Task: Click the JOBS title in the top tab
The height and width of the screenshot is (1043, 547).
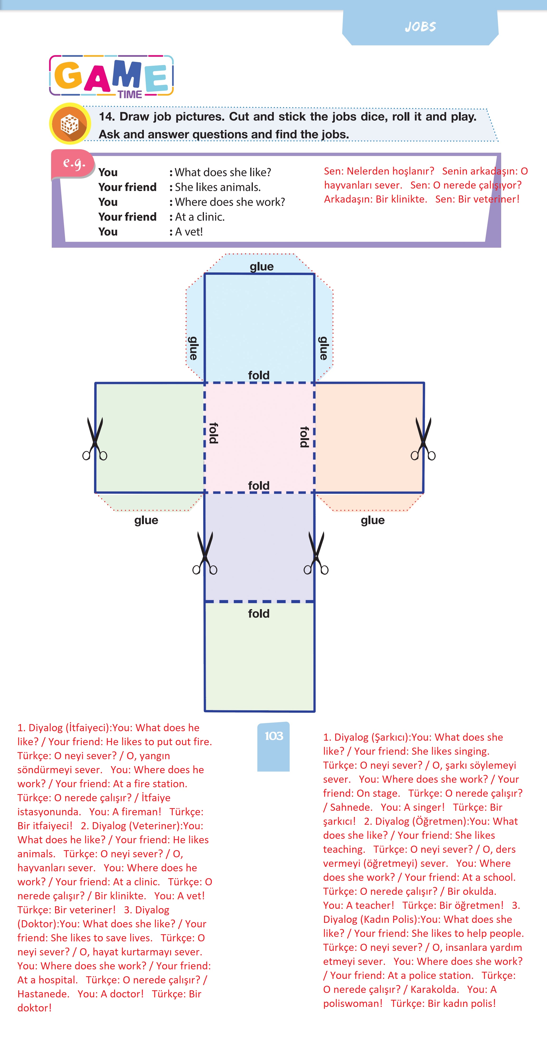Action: coord(420,27)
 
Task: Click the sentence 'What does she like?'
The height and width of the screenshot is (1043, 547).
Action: coord(223,172)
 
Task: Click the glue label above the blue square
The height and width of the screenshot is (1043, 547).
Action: coord(262,266)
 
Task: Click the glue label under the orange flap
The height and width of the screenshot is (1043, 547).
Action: coord(373,520)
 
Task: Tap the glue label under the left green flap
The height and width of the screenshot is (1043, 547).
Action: coord(146,520)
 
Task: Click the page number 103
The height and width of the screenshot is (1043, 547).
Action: coord(274,736)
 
